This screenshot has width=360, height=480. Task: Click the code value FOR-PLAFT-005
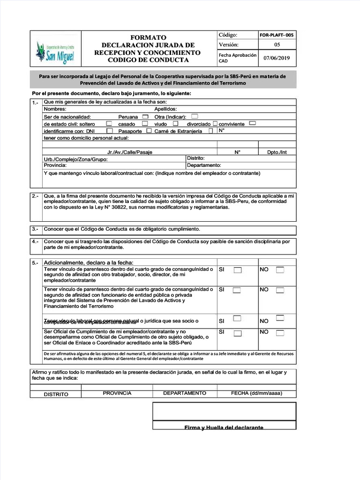277,35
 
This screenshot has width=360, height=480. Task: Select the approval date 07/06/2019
277,58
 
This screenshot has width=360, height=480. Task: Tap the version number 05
277,45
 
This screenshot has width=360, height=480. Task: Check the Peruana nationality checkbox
145,117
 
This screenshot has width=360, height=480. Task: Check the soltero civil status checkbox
109,124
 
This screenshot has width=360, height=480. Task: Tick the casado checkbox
145,124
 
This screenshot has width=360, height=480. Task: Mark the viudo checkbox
175,124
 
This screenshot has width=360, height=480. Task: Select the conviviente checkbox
252,124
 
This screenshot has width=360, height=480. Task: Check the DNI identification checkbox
109,131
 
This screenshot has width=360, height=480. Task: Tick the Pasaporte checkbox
149,131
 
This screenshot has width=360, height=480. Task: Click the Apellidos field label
165,109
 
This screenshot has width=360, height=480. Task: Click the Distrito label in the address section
195,158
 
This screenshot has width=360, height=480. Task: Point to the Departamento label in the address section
204,165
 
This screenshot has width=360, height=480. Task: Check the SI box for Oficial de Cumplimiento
238,334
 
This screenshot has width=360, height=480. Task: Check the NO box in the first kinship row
280,270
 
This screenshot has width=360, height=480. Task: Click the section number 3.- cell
36,230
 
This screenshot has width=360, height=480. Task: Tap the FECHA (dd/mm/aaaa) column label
256,393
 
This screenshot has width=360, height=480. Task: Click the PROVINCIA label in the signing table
117,393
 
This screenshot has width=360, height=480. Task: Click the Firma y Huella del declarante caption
224,427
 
